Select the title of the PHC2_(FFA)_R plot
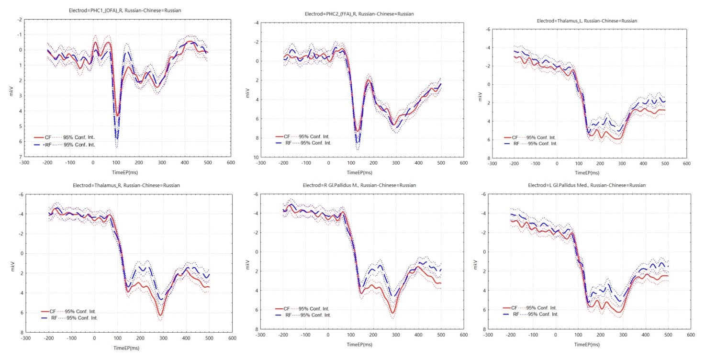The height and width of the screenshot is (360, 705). tap(359, 14)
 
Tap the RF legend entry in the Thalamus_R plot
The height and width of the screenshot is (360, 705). tap(52, 317)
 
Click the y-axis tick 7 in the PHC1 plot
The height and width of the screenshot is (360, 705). tap(20, 157)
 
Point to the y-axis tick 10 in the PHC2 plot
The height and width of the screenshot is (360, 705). tap(257, 157)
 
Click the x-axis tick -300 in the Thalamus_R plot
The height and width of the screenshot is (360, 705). tap(25, 338)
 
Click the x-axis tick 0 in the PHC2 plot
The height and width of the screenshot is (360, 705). tap(328, 163)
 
